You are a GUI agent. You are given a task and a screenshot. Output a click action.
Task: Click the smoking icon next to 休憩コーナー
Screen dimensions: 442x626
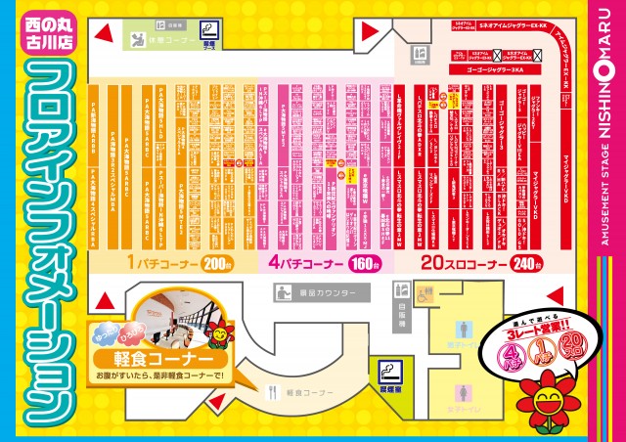point(208,30)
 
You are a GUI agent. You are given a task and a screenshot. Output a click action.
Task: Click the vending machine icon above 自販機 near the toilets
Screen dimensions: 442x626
point(399,290)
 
